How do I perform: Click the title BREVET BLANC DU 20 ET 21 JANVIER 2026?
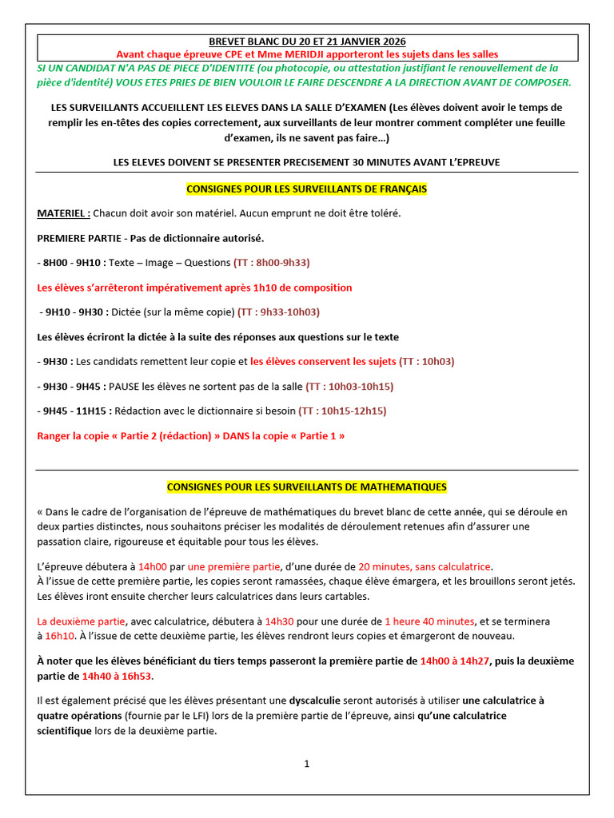click(306, 41)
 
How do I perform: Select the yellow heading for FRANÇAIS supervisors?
click(306, 189)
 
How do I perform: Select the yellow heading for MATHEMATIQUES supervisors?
click(306, 486)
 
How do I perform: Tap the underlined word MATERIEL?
click(63, 214)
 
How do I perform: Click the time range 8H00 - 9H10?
click(73, 263)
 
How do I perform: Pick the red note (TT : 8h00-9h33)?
click(271, 263)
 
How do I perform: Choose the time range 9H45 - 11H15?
click(76, 411)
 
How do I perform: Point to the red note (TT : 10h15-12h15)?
click(342, 411)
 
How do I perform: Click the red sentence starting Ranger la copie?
click(191, 436)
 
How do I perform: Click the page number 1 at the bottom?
click(306, 764)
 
